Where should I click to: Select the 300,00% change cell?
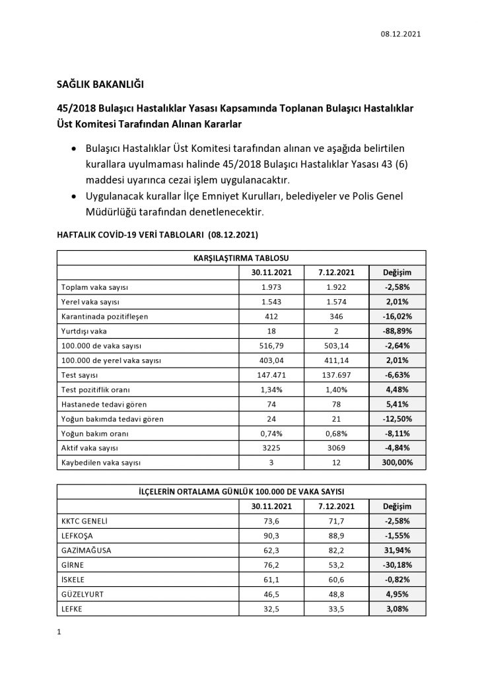point(397,462)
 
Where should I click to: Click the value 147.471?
point(271,375)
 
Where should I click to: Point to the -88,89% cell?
point(397,331)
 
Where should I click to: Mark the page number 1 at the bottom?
point(59,632)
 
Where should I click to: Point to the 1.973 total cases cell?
point(271,288)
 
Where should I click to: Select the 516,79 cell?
point(271,346)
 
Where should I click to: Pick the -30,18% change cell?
point(397,565)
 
